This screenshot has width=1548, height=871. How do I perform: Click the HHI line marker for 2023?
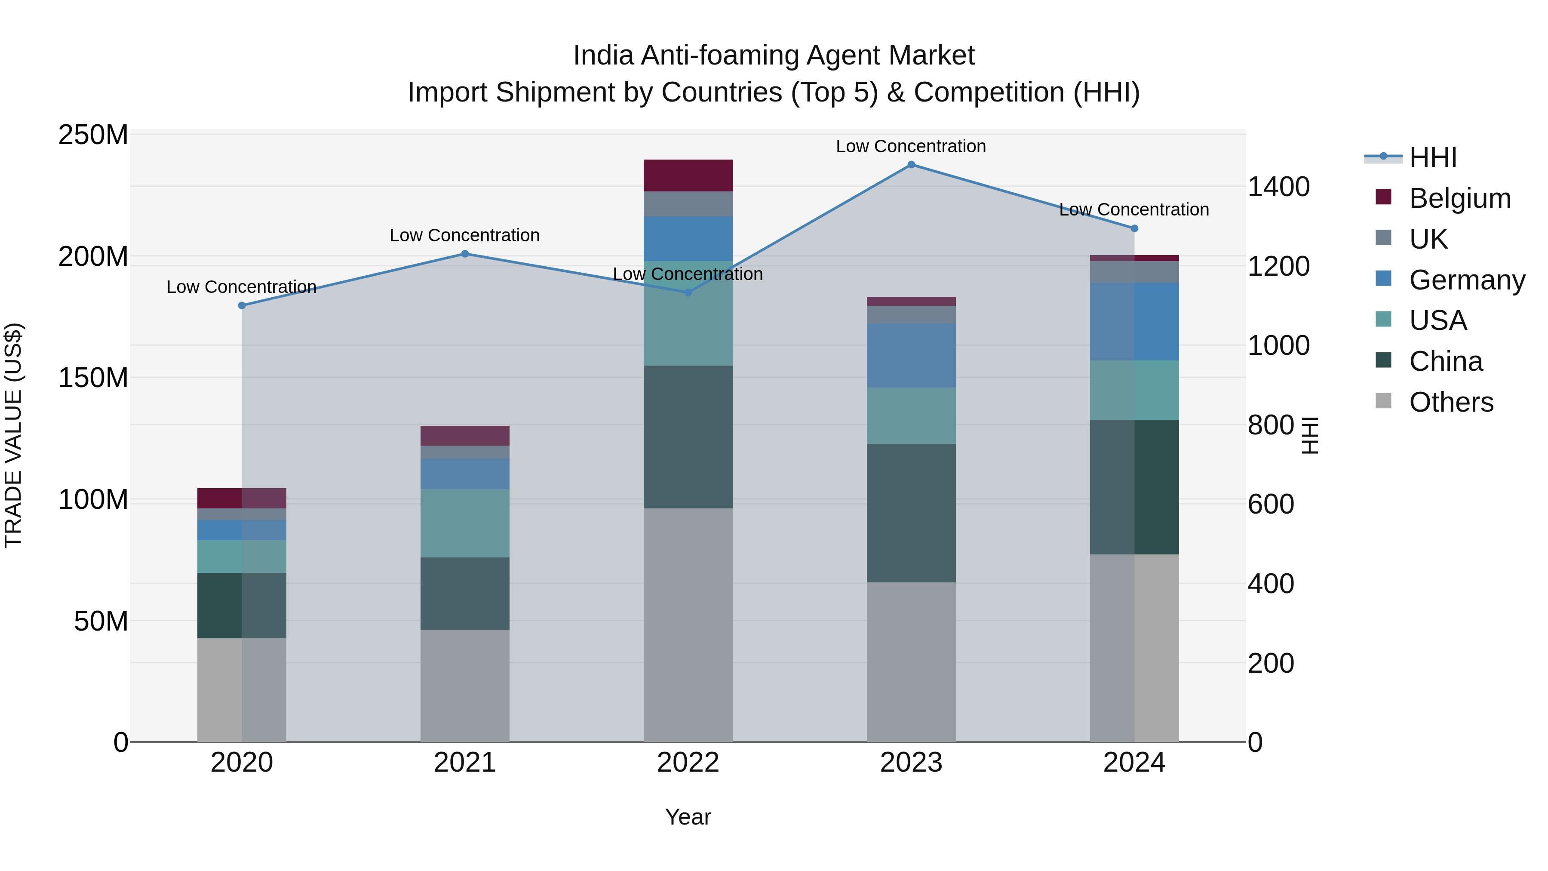[x=911, y=165]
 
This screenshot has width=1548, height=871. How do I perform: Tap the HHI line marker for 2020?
[x=242, y=305]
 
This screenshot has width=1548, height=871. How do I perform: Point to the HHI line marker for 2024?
[x=1134, y=228]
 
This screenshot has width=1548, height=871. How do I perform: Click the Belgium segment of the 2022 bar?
[x=688, y=175]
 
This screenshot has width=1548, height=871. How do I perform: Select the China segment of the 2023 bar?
[x=911, y=513]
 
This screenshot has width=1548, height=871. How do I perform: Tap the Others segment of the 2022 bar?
[x=688, y=625]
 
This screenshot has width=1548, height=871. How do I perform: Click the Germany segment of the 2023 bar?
[x=911, y=355]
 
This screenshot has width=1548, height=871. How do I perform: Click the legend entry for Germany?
[x=1466, y=280]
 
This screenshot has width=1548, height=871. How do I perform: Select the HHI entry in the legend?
[x=1433, y=157]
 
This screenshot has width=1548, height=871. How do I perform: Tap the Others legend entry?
[x=1451, y=402]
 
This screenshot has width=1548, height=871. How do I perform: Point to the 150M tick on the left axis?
[x=93, y=378]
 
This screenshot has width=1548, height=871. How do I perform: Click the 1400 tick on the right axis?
[x=1278, y=187]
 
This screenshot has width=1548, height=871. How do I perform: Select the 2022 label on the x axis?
[x=688, y=763]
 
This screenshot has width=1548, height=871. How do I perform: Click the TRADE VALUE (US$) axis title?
[x=13, y=435]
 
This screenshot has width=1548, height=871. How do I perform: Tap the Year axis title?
[x=688, y=817]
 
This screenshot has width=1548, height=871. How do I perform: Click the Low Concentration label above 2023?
[x=911, y=146]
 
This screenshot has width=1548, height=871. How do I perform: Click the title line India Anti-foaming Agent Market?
[x=774, y=55]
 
